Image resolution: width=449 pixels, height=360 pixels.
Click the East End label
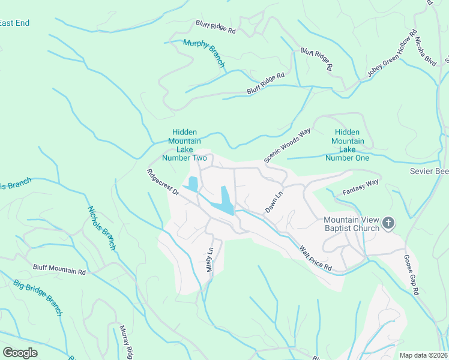pyautogui.click(x=14, y=23)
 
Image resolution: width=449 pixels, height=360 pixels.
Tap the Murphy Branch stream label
pyautogui.click(x=204, y=53)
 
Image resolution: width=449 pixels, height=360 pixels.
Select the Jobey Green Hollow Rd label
pyautogui.click(x=392, y=55)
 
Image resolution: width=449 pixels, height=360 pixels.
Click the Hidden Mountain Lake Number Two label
pyautogui.click(x=184, y=145)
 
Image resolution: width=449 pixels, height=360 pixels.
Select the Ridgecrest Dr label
pyautogui.click(x=163, y=182)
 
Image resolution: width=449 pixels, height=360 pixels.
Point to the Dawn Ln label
pyautogui.click(x=274, y=202)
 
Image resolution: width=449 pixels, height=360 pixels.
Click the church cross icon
pyautogui.click(x=388, y=224)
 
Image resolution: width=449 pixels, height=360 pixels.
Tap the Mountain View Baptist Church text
pyautogui.click(x=351, y=224)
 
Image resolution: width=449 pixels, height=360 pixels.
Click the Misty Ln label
pyautogui.click(x=209, y=259)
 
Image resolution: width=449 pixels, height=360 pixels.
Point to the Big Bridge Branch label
pyautogui.click(x=38, y=297)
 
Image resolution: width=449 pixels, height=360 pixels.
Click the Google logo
pyautogui.click(x=20, y=352)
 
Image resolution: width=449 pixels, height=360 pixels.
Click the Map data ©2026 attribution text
pyautogui.click(x=424, y=355)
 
